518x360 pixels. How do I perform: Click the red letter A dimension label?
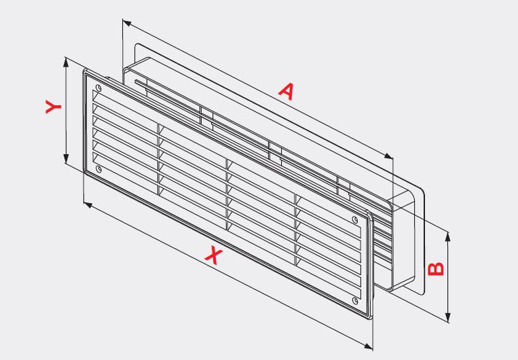pos(286,92)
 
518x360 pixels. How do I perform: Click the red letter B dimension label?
pos(435,269)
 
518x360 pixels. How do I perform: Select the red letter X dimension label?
pos(214,256)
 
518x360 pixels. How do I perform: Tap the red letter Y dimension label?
pos(53,107)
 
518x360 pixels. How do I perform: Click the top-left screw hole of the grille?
pos(98,88)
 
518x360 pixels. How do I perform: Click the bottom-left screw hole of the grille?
pos(98,169)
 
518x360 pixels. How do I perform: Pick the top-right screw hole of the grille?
pos(355,219)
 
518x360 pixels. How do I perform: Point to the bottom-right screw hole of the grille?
pos(355,300)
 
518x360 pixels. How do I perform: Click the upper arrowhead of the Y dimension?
pos(67,62)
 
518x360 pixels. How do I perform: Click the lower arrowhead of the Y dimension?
pos(67,159)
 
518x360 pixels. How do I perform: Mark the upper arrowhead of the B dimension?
pos(447,236)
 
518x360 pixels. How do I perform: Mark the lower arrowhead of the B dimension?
pos(447,317)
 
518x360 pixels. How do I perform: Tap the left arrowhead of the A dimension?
pos(127,22)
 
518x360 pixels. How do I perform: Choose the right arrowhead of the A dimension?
pos(388,156)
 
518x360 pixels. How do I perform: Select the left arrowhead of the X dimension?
pos(88,205)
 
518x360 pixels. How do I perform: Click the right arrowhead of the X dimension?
pos(369,346)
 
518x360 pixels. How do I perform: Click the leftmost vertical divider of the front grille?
pos(159,159)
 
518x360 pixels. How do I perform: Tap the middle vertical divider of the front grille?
pos(227,194)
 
